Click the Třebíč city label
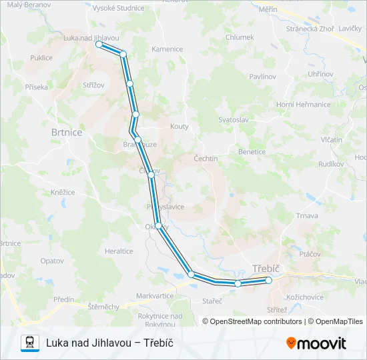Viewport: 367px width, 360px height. point(266,269)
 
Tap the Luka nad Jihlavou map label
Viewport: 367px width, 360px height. point(91,37)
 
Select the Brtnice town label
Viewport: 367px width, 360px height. point(67,133)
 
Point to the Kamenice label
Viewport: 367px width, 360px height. point(167,49)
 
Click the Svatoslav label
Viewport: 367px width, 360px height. point(234,119)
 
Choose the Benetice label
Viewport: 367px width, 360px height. point(252,152)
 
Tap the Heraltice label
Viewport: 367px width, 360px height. point(119,251)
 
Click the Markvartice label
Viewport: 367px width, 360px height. point(155,295)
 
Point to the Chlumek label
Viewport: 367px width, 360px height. point(240,38)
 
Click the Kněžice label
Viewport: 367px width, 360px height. point(62,192)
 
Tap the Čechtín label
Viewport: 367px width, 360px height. point(206,159)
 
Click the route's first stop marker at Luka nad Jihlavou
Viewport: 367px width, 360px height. point(99,44)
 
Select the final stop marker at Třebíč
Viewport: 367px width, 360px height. point(269,281)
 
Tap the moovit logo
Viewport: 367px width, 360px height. point(316,343)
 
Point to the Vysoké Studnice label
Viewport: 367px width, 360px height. point(119,8)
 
